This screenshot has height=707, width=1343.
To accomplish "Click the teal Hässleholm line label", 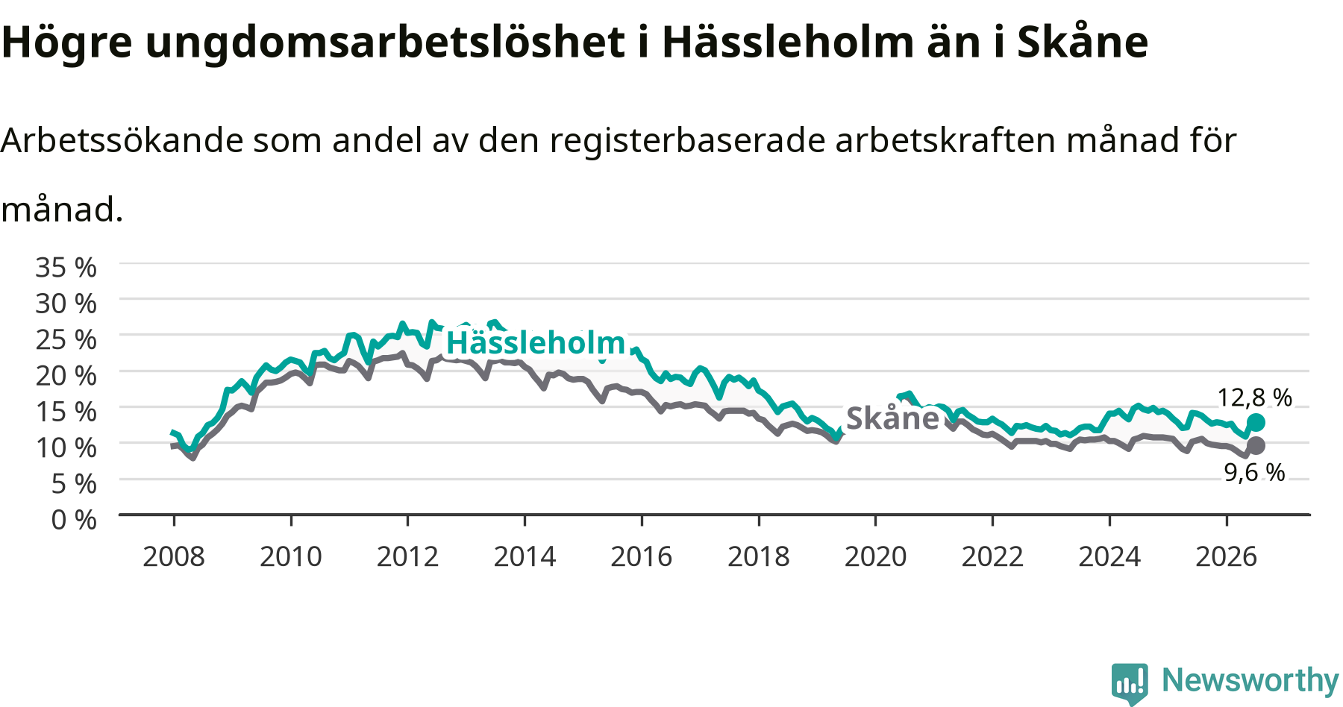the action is (x=536, y=343).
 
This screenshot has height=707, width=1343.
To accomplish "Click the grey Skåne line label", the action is (x=892, y=418).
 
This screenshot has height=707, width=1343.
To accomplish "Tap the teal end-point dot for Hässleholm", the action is (x=1256, y=423).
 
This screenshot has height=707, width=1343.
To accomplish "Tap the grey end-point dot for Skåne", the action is (x=1256, y=446).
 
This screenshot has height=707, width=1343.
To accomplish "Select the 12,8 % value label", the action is (x=1254, y=398).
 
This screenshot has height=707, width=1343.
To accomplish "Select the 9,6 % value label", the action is (x=1254, y=472).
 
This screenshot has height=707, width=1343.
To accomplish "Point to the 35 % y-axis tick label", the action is (x=66, y=267).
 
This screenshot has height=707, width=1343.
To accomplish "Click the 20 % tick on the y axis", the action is (x=66, y=375).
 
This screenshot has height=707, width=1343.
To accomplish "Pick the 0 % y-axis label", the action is (x=74, y=519).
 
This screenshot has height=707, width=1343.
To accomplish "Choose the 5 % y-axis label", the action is (x=74, y=483).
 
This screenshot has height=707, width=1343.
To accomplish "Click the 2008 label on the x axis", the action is (x=174, y=556).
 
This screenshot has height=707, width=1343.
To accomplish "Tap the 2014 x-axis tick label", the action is (x=525, y=556).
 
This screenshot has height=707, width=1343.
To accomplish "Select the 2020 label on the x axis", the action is (x=875, y=556).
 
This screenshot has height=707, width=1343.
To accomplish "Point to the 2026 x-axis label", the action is (x=1227, y=556).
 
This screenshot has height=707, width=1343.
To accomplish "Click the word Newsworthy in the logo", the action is (x=1250, y=680).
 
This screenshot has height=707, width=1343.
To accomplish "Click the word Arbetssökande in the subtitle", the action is (x=122, y=140).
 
